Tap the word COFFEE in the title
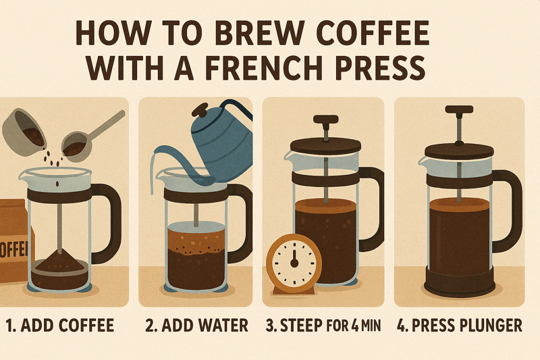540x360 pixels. (373, 33)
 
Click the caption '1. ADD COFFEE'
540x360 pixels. (60, 326)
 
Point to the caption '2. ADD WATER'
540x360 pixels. (196, 326)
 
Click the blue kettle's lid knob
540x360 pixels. (199, 110)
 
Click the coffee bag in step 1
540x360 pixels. (13, 241)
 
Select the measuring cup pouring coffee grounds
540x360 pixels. (24, 132)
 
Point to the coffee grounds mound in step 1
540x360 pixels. (59, 261)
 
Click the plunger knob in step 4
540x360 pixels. (459, 109)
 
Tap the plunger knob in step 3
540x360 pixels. (326, 119)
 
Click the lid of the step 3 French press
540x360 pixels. (326, 145)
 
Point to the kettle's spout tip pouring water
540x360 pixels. (156, 151)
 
